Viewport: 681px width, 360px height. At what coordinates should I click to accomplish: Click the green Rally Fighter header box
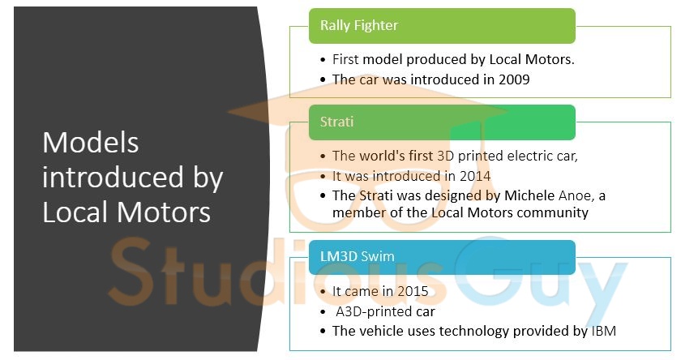click(x=442, y=26)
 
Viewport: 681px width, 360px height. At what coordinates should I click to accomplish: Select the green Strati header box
click(x=442, y=122)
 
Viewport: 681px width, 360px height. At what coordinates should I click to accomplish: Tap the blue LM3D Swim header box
click(x=442, y=257)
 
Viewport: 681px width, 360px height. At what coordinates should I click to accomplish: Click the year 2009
click(x=514, y=79)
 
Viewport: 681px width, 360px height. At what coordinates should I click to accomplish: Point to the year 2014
click(x=475, y=176)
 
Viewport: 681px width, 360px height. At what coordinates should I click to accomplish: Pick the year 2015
click(x=413, y=291)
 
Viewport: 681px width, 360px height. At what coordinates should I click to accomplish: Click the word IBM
click(x=604, y=331)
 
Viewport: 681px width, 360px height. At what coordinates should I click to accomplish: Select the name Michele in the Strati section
click(x=529, y=195)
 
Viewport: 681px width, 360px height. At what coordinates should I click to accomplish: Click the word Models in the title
click(x=91, y=143)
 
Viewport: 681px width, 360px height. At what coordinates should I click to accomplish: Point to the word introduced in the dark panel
click(x=113, y=178)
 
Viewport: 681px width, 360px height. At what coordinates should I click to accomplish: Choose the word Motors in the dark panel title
click(x=164, y=212)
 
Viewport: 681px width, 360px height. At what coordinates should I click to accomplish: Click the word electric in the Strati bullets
click(x=528, y=156)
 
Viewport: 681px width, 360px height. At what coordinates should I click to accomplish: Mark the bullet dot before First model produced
click(x=323, y=59)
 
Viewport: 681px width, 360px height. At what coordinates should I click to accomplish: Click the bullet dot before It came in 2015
click(x=323, y=291)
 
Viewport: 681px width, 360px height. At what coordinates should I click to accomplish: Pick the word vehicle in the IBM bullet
click(x=381, y=331)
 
